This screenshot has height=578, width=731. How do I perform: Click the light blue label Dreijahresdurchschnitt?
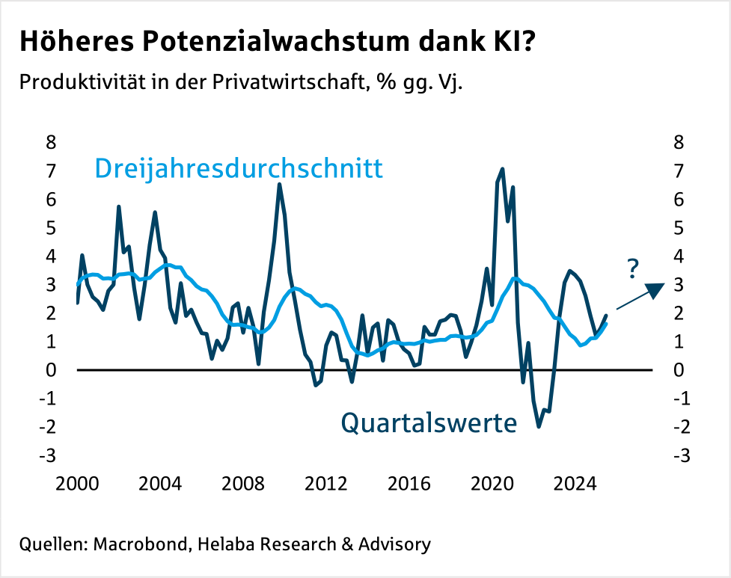coord(239,168)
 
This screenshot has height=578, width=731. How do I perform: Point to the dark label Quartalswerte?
coord(429,423)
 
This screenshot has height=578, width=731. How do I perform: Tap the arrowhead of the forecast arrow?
coord(656,289)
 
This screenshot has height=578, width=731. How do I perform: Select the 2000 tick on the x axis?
coord(76,484)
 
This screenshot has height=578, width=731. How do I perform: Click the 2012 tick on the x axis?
coord(325,484)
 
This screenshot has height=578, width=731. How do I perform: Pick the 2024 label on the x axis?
coord(572,484)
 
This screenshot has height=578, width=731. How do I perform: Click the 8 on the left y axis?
coord(52,142)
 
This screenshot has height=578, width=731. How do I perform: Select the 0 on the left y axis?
coord(52,370)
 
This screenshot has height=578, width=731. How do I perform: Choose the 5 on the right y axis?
coord(679,227)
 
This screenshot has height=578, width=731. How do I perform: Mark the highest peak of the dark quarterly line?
coord(502,169)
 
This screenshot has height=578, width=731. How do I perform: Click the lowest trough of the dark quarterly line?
coord(539,427)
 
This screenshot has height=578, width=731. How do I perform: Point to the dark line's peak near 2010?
coord(279,185)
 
